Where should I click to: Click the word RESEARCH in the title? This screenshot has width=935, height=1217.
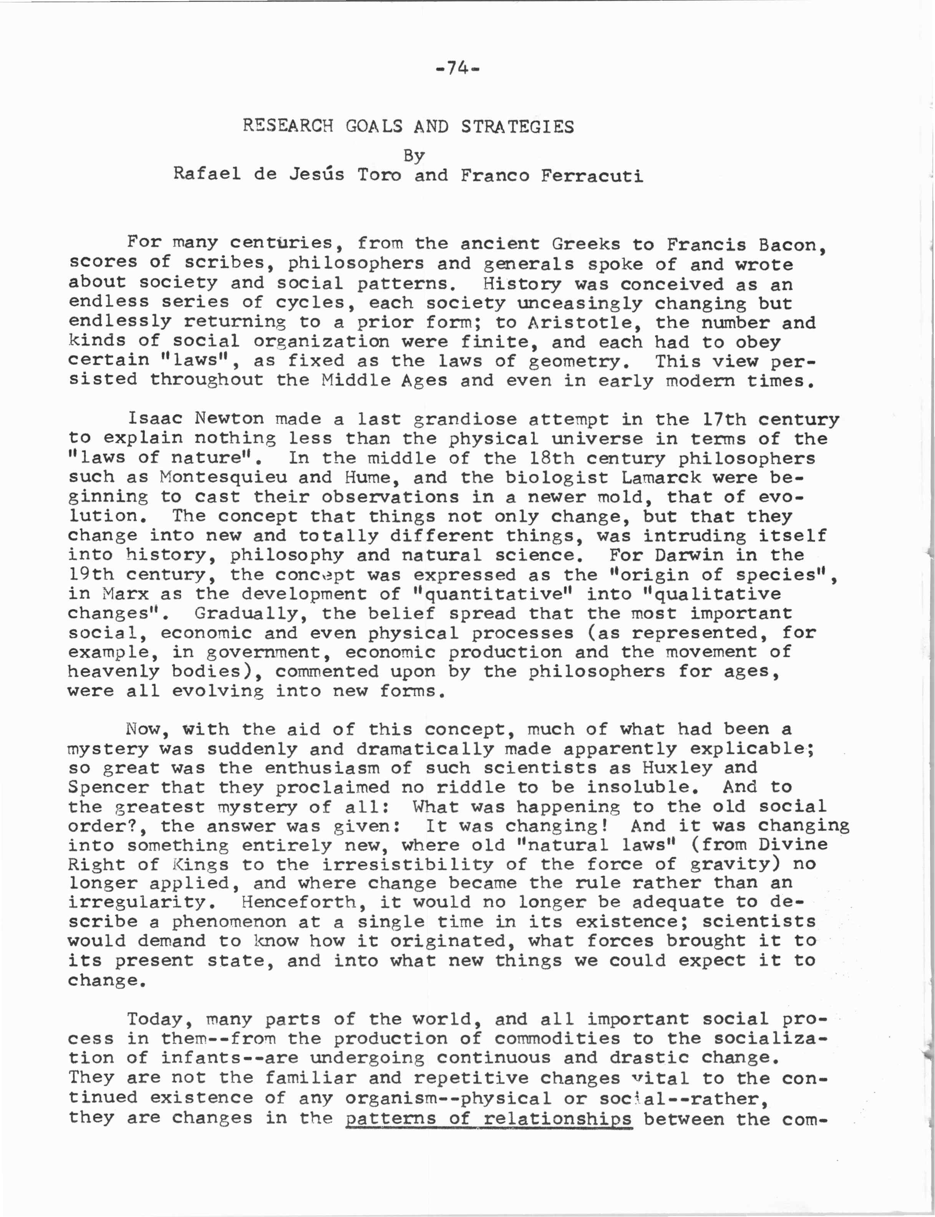click(x=288, y=126)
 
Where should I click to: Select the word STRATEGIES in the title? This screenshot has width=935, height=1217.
click(x=517, y=127)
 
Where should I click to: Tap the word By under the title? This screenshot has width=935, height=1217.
click(x=414, y=156)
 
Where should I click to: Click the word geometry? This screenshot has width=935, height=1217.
click(x=579, y=362)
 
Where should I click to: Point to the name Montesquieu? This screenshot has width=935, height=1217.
click(x=223, y=477)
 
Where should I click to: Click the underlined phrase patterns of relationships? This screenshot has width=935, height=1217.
click(x=488, y=1118)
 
